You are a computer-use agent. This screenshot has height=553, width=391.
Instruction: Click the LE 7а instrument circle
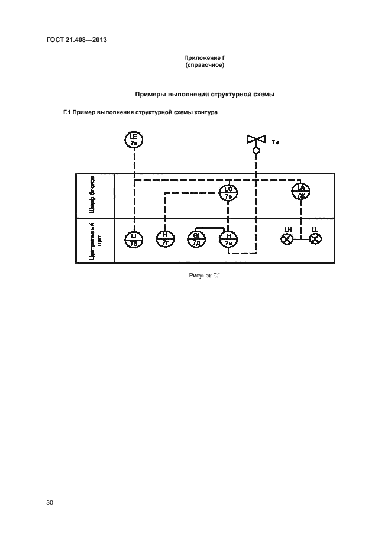click(x=134, y=140)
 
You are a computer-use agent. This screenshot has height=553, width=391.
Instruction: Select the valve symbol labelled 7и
click(x=257, y=140)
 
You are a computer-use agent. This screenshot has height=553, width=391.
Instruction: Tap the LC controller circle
click(x=228, y=192)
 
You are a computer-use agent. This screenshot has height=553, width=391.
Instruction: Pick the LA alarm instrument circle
click(x=301, y=191)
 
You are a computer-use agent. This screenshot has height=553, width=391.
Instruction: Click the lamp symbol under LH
click(x=287, y=239)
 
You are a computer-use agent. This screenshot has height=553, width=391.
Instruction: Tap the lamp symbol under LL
click(x=315, y=239)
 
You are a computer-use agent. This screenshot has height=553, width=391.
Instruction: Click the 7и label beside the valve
click(x=276, y=143)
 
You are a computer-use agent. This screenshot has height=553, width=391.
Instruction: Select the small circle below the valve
click(x=257, y=151)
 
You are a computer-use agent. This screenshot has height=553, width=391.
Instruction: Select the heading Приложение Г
click(x=205, y=57)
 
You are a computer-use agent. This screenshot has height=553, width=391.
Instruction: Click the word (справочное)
click(x=205, y=64)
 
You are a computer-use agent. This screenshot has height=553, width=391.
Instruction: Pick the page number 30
click(x=50, y=503)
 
